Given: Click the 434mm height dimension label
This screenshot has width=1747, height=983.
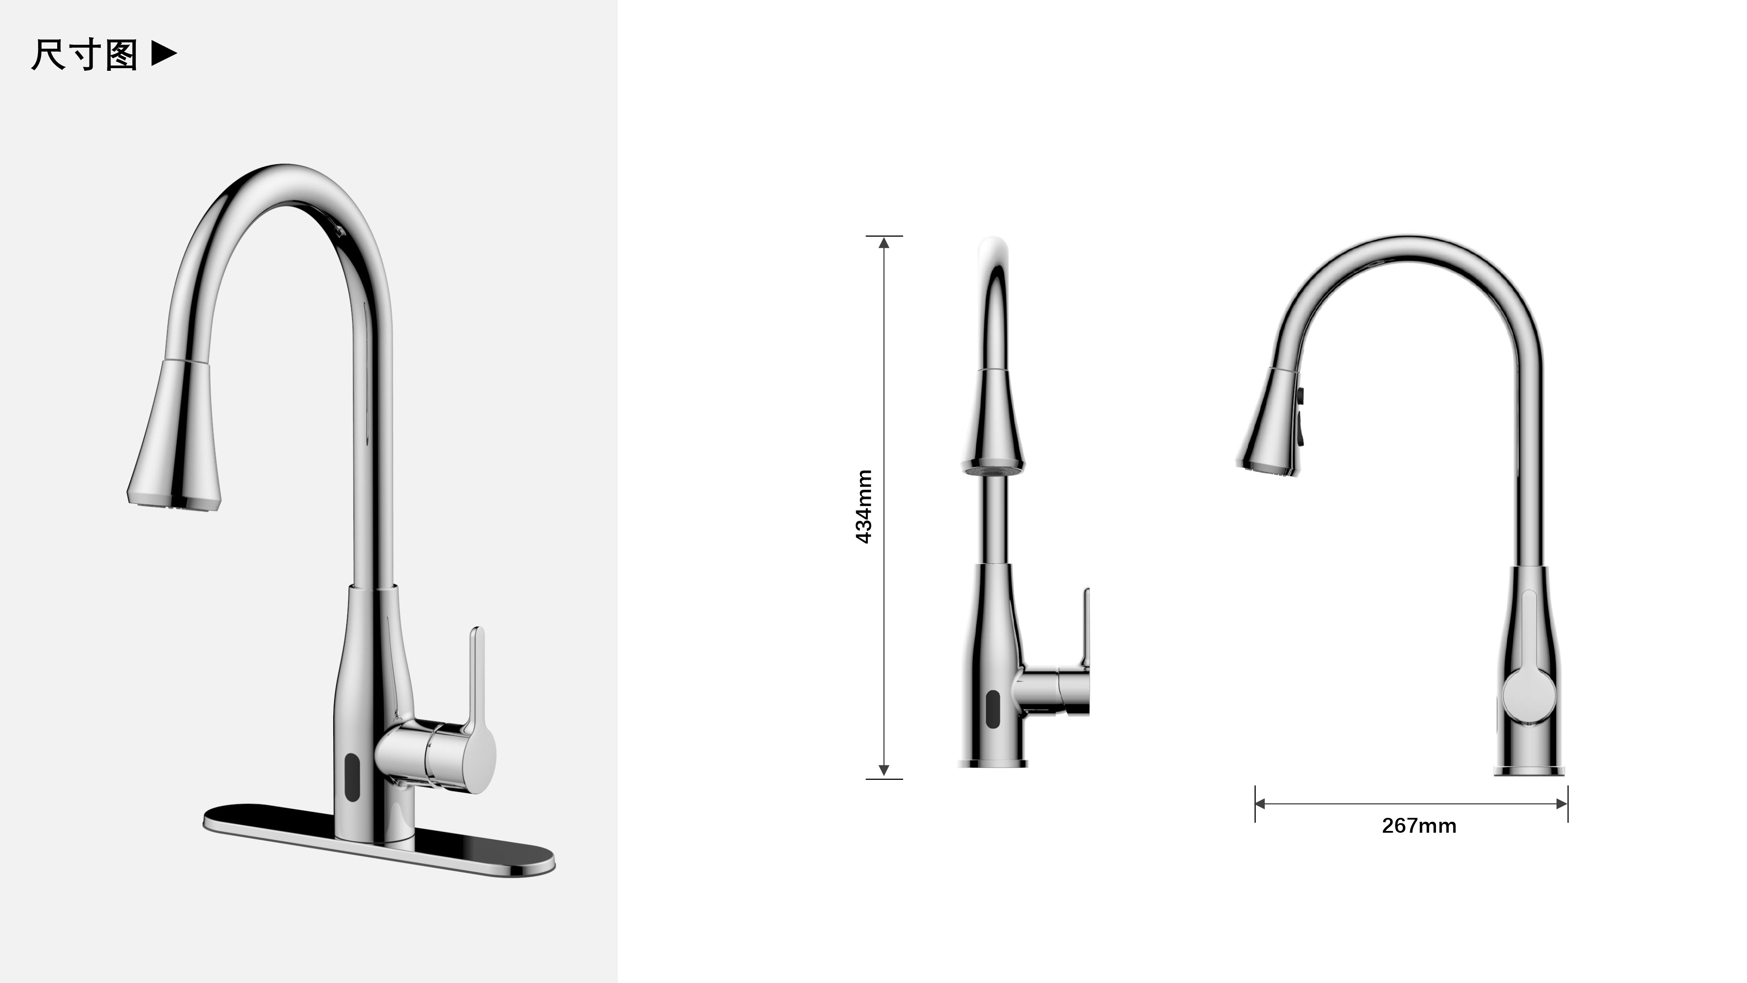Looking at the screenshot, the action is pyautogui.click(x=864, y=506).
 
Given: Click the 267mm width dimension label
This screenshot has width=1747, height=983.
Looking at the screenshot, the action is pyautogui.click(x=1419, y=826).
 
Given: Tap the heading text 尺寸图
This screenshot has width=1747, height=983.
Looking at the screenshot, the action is pyautogui.click(x=84, y=55).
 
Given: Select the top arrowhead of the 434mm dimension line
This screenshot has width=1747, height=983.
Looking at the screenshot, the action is pyautogui.click(x=884, y=243).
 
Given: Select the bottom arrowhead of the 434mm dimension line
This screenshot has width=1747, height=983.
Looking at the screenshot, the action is pyautogui.click(x=884, y=770).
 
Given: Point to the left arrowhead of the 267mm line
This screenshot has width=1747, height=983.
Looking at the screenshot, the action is pyautogui.click(x=1261, y=804).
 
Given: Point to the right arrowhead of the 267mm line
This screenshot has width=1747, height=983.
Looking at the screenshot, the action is pyautogui.click(x=1561, y=804).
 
